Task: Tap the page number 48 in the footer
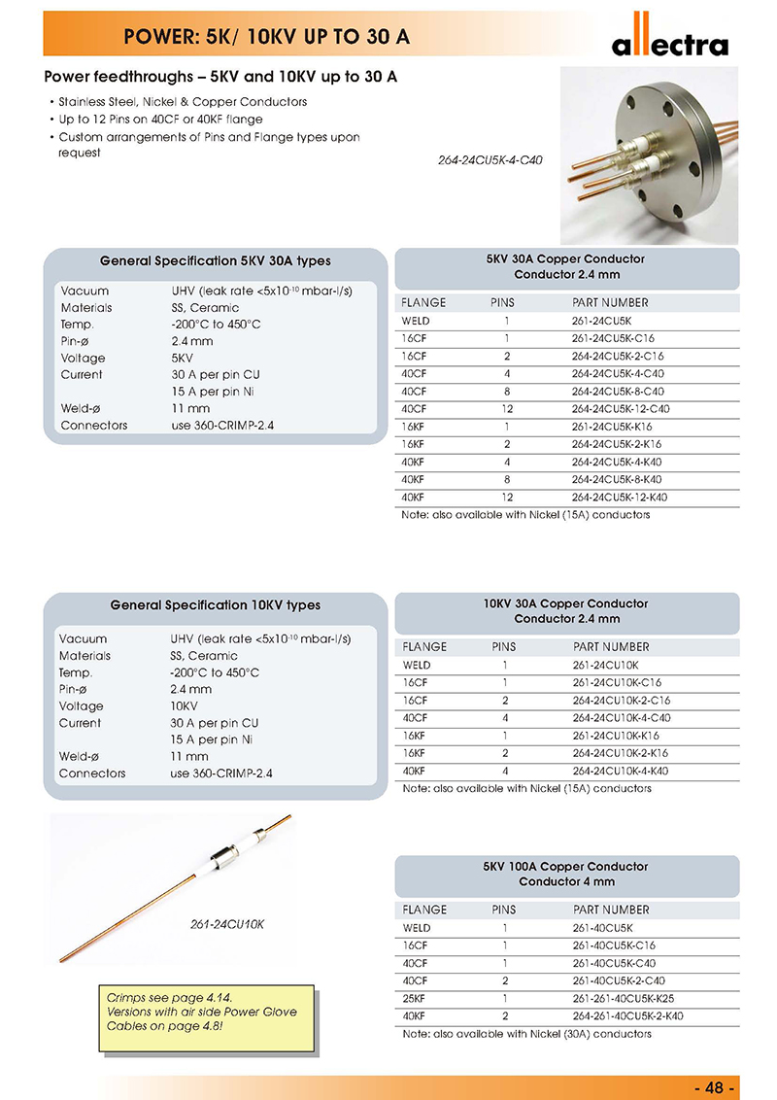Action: tap(717, 1086)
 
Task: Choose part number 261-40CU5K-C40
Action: tap(614, 963)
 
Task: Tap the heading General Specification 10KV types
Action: tap(215, 605)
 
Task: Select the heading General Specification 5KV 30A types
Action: tap(215, 261)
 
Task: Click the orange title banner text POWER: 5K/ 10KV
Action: tap(266, 38)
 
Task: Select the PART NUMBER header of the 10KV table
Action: tap(611, 647)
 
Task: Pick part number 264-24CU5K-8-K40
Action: tap(617, 480)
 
